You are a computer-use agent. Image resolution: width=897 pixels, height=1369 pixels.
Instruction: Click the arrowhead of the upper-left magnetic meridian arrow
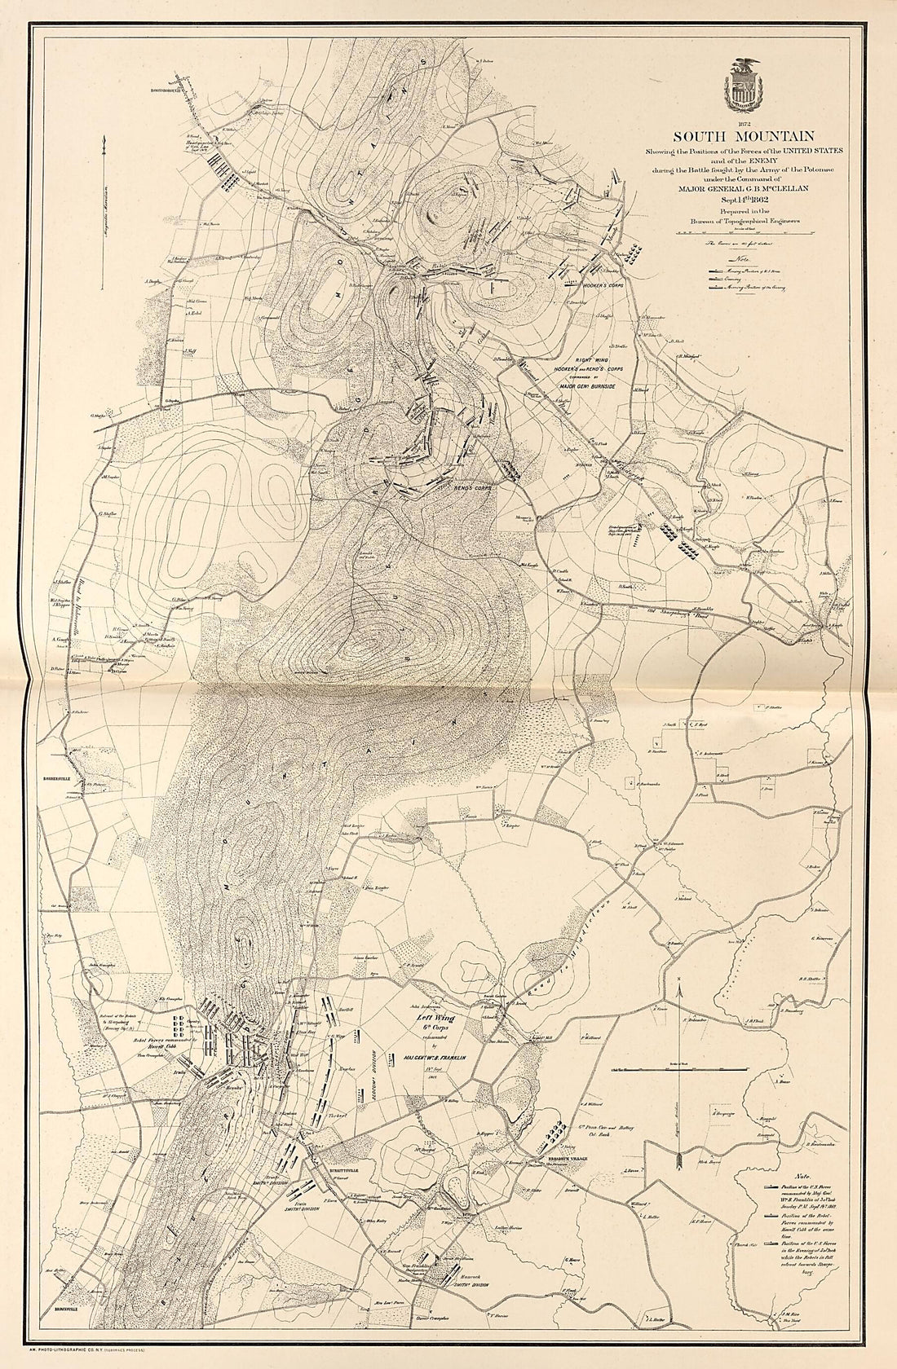(x=104, y=143)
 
